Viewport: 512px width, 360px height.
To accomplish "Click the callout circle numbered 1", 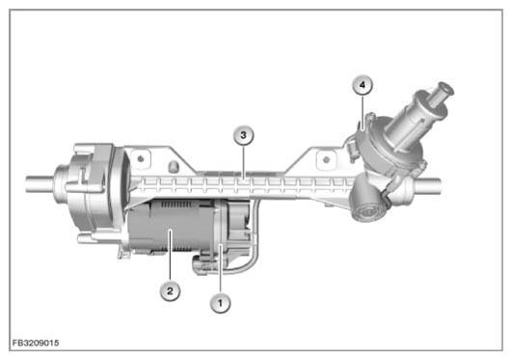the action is [x=220, y=303].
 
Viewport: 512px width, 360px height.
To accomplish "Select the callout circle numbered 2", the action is [x=170, y=291].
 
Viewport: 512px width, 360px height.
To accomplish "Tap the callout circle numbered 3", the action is [x=244, y=135].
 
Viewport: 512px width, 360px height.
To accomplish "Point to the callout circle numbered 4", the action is [x=363, y=85].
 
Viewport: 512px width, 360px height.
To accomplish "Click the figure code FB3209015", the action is [x=36, y=343].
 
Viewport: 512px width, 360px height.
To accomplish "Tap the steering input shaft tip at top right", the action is [x=445, y=89].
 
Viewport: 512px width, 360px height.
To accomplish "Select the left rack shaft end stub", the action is [x=40, y=184].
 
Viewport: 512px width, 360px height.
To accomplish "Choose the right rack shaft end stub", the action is [x=428, y=186].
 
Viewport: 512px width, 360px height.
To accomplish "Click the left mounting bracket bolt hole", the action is [x=141, y=159].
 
